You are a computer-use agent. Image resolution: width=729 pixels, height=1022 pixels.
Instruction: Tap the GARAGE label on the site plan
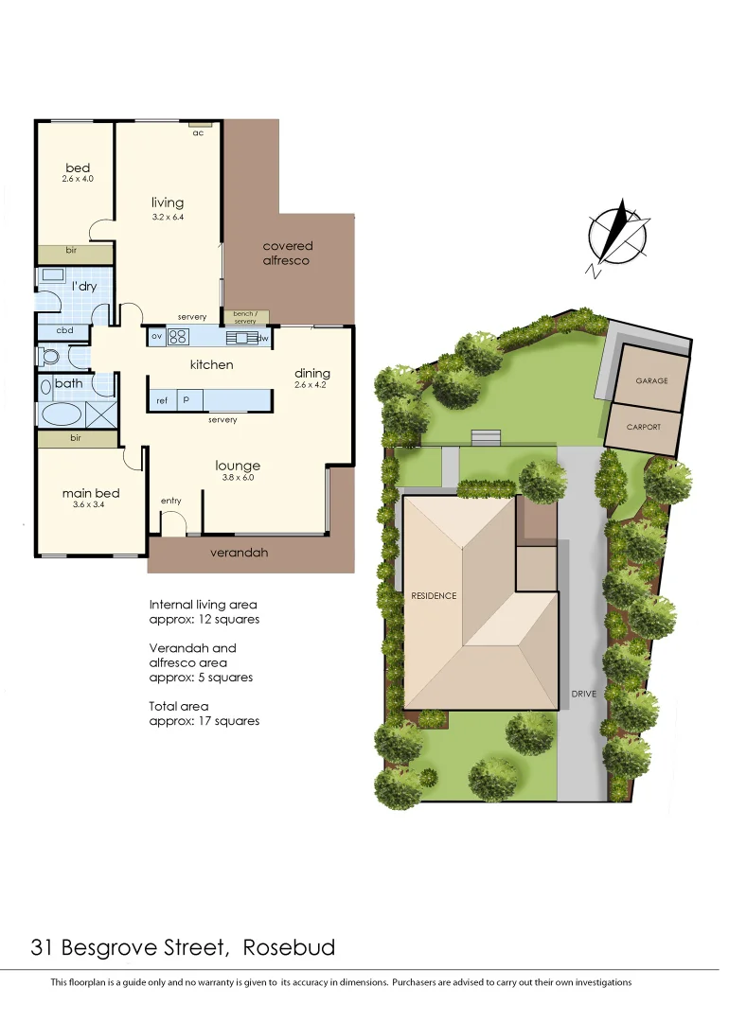pos(651,380)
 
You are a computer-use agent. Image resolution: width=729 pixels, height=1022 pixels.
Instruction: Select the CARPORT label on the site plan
pos(644,427)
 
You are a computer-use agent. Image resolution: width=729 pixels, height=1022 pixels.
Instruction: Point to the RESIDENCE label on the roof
pos(434,596)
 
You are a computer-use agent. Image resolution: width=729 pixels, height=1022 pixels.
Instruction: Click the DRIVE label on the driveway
pos(583,694)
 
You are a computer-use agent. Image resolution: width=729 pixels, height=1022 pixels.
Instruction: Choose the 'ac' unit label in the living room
pos(199,132)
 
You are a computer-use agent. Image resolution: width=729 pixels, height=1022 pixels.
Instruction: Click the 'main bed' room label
pos(91,493)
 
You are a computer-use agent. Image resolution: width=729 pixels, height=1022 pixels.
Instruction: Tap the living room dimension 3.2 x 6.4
pos(168,217)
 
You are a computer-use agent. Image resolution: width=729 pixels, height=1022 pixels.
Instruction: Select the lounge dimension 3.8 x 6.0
pos(238,478)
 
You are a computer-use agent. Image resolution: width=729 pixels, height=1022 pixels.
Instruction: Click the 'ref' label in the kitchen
pos(162,401)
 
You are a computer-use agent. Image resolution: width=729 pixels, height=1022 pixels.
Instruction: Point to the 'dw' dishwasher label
pos(264,338)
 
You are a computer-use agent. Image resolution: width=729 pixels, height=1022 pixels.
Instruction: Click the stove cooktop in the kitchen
pos(178,336)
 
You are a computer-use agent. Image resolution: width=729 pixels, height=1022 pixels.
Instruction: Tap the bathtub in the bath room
pos(62,414)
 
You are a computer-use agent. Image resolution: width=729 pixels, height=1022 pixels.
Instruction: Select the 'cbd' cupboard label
pos(64,330)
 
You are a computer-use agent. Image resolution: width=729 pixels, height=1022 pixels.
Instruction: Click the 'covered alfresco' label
pos(287,253)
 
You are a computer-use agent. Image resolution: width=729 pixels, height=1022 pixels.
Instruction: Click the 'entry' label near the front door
pos(170,501)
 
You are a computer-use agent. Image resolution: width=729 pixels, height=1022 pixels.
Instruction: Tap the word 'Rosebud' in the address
pos(289,947)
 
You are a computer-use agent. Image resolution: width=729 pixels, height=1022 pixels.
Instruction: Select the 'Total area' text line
pos(179,706)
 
